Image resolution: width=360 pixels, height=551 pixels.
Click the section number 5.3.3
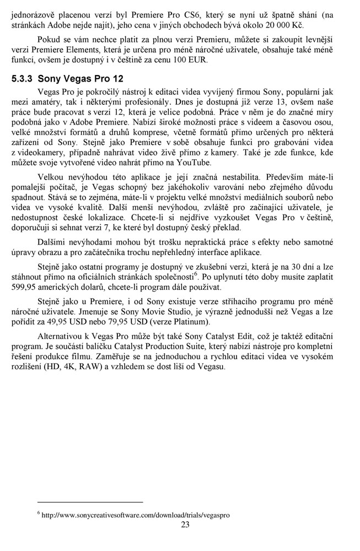tap(23, 79)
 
